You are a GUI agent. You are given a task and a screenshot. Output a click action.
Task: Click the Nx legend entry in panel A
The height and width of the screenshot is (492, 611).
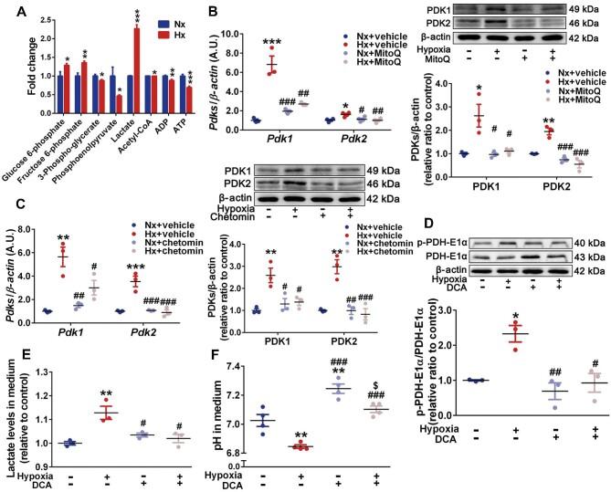pos(199,18)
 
